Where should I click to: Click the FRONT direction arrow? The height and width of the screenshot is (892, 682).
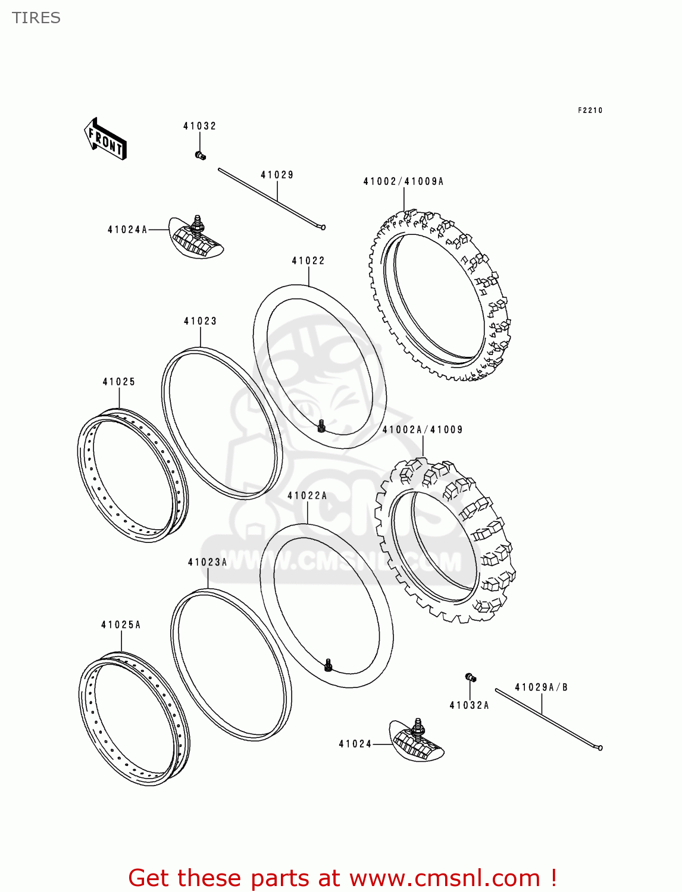point(105,139)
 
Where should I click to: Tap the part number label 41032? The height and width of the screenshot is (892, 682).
point(199,126)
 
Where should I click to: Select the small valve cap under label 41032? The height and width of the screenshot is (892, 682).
point(200,156)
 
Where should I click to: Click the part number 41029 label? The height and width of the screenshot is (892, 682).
point(277,175)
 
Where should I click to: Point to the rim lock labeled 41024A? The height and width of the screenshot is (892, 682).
point(196,238)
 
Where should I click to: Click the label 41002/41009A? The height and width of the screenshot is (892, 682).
point(403,181)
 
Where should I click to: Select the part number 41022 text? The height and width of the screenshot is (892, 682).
point(308,260)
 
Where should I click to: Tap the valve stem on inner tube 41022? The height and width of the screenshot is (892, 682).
point(321,426)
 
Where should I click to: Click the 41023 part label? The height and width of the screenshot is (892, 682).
point(201,321)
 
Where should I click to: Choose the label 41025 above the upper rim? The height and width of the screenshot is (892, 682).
point(119,382)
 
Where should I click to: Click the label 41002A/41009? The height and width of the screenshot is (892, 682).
point(423,429)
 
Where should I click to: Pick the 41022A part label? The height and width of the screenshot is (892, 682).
point(307,495)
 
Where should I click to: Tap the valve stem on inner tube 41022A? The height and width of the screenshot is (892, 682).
point(328,665)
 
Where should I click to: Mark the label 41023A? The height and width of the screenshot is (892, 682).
point(208,562)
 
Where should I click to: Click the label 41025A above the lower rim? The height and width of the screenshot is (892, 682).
point(121,624)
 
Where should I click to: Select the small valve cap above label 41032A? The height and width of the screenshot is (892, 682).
point(470,677)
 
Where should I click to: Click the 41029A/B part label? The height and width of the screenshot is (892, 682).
point(541,687)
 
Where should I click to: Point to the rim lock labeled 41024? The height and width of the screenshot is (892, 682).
point(417,741)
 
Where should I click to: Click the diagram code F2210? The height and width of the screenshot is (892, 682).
point(590,110)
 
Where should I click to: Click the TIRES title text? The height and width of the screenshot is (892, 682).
point(36,18)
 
